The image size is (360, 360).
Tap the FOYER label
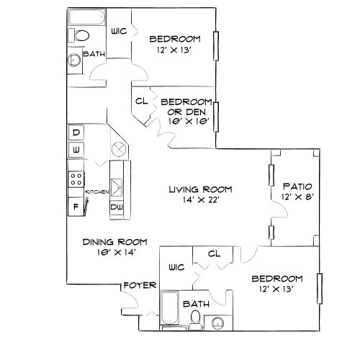[140, 285]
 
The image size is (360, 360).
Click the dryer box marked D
[76, 132]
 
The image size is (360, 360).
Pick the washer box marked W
[76, 149]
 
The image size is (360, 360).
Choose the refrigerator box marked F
[76, 207]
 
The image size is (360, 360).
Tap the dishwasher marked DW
[116, 207]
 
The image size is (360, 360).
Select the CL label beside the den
[141, 102]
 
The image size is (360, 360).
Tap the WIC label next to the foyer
[176, 267]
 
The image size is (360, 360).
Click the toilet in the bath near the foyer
[196, 319]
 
